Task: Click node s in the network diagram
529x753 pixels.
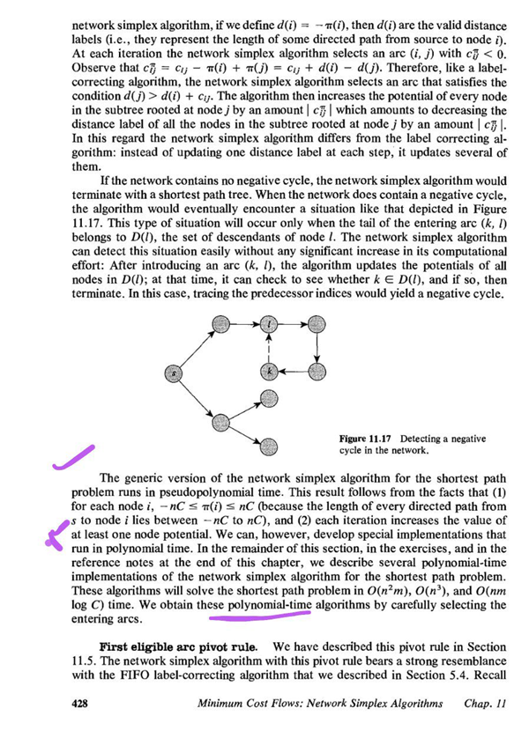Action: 175,374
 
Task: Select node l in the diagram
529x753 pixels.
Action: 270,325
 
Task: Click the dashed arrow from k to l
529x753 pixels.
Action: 270,347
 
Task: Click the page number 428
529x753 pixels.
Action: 82,705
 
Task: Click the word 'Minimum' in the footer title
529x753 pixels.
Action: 227,705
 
